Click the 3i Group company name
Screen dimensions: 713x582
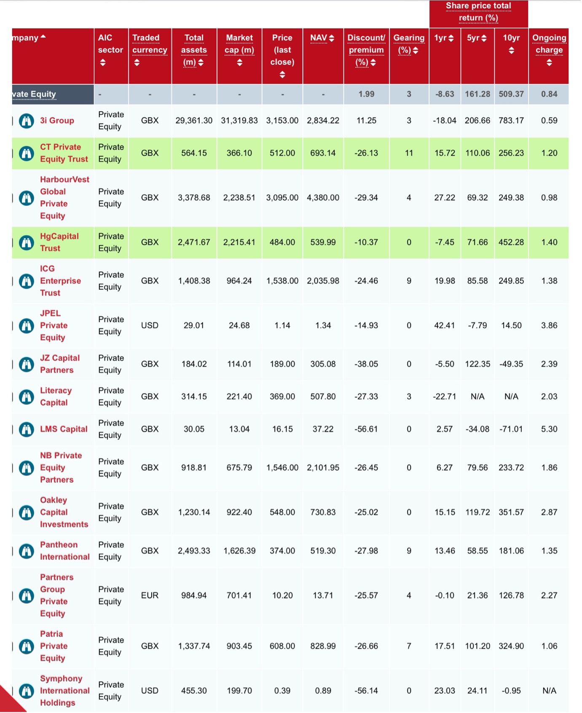[57, 121]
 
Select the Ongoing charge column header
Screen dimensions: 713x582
[549, 43]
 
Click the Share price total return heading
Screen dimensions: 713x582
[478, 12]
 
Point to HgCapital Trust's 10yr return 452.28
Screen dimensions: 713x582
[511, 242]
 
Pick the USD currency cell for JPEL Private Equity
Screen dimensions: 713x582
[150, 325]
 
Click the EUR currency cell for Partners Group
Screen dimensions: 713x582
[150, 595]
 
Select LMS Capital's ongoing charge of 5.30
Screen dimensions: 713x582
[549, 429]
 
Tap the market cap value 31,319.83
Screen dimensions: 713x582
[239, 121]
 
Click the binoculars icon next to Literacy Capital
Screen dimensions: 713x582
[27, 397]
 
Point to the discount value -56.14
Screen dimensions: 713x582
[366, 691]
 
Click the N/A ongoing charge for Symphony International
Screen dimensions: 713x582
[549, 691]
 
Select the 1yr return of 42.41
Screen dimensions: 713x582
[445, 325]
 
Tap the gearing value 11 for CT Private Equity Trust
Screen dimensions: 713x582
[409, 153]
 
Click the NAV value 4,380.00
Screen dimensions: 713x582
[323, 198]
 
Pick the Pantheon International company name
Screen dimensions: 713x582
[64, 551]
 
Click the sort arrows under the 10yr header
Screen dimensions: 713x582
[511, 51]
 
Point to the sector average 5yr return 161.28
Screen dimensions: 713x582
[477, 94]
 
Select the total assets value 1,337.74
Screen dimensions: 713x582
[194, 646]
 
